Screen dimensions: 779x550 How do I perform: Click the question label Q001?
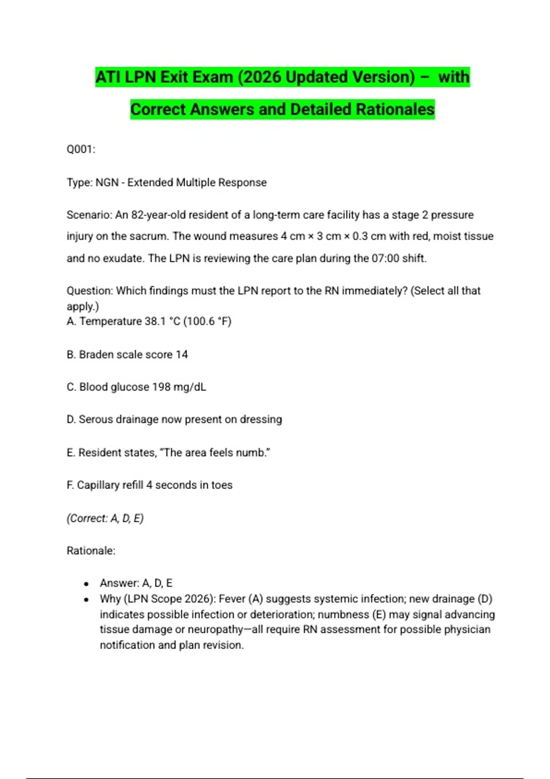pos(81,149)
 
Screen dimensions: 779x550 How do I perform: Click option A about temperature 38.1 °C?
pos(149,321)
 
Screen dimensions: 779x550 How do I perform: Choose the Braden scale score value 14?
pos(181,355)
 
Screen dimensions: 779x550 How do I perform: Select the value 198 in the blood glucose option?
pos(161,387)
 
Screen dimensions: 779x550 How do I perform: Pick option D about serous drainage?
pos(174,420)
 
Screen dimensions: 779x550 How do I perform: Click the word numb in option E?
pos(257,453)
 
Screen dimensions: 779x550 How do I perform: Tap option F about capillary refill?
pos(149,485)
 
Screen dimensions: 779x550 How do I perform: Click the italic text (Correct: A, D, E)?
pos(105,518)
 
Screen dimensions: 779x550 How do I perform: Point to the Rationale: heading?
pos(91,551)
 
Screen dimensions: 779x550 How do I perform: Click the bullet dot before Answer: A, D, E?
pos(86,584)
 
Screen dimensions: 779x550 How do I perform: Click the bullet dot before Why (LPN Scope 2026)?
pos(86,599)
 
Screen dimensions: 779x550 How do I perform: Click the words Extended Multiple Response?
pos(197,182)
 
